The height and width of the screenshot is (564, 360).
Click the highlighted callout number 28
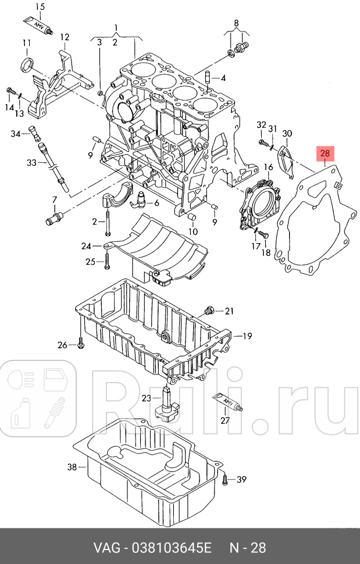pos(325,154)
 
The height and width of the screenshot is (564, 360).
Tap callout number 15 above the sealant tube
pos(40,6)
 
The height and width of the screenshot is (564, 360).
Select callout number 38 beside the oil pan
pos(72,467)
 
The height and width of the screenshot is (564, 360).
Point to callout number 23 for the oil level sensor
pos(146,398)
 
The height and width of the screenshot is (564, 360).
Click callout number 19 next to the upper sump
pos(247,335)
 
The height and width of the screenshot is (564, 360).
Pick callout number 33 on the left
pos(31,163)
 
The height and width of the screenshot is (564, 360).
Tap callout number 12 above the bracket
pos(65,37)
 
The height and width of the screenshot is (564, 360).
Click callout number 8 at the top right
pos(236,24)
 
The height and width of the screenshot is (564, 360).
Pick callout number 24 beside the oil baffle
pos(86,246)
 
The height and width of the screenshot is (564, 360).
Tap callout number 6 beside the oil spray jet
pos(156,203)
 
